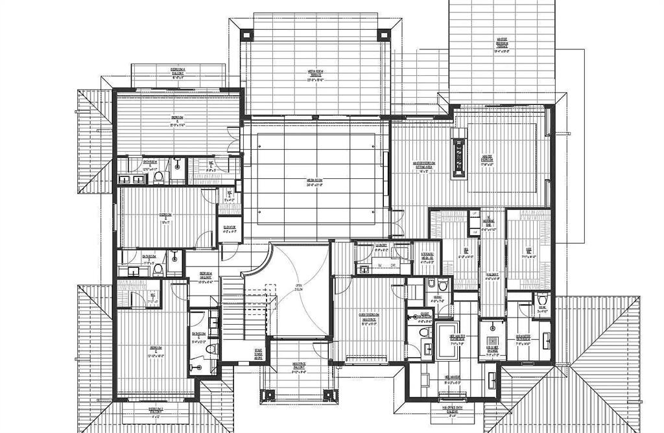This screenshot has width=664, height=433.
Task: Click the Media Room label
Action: [315, 182]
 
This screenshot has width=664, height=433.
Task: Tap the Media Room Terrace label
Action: [315, 73]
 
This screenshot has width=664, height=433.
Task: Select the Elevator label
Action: [229, 228]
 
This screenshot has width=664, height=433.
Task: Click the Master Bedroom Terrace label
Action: [503, 43]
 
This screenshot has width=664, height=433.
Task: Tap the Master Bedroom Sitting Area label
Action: [424, 165]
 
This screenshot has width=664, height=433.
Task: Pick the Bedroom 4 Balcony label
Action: [178, 71]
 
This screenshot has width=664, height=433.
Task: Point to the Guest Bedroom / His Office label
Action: [368, 318]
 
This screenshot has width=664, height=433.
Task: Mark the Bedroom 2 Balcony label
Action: [156, 411]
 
